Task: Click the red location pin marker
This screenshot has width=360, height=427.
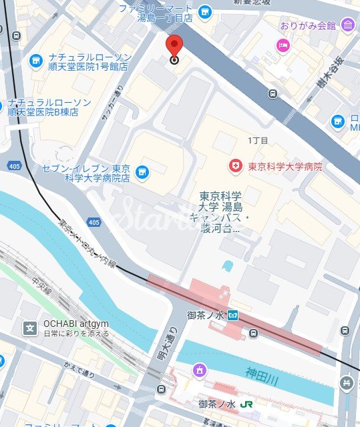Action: coord(174,47)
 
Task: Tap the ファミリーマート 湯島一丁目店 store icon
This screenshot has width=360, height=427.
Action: coord(204,11)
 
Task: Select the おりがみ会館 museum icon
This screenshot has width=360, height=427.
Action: coord(347,25)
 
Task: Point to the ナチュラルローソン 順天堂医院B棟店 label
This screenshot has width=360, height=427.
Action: coord(45,107)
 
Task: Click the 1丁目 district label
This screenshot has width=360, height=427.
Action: coord(258,141)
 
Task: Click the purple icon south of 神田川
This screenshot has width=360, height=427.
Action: coord(200,370)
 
